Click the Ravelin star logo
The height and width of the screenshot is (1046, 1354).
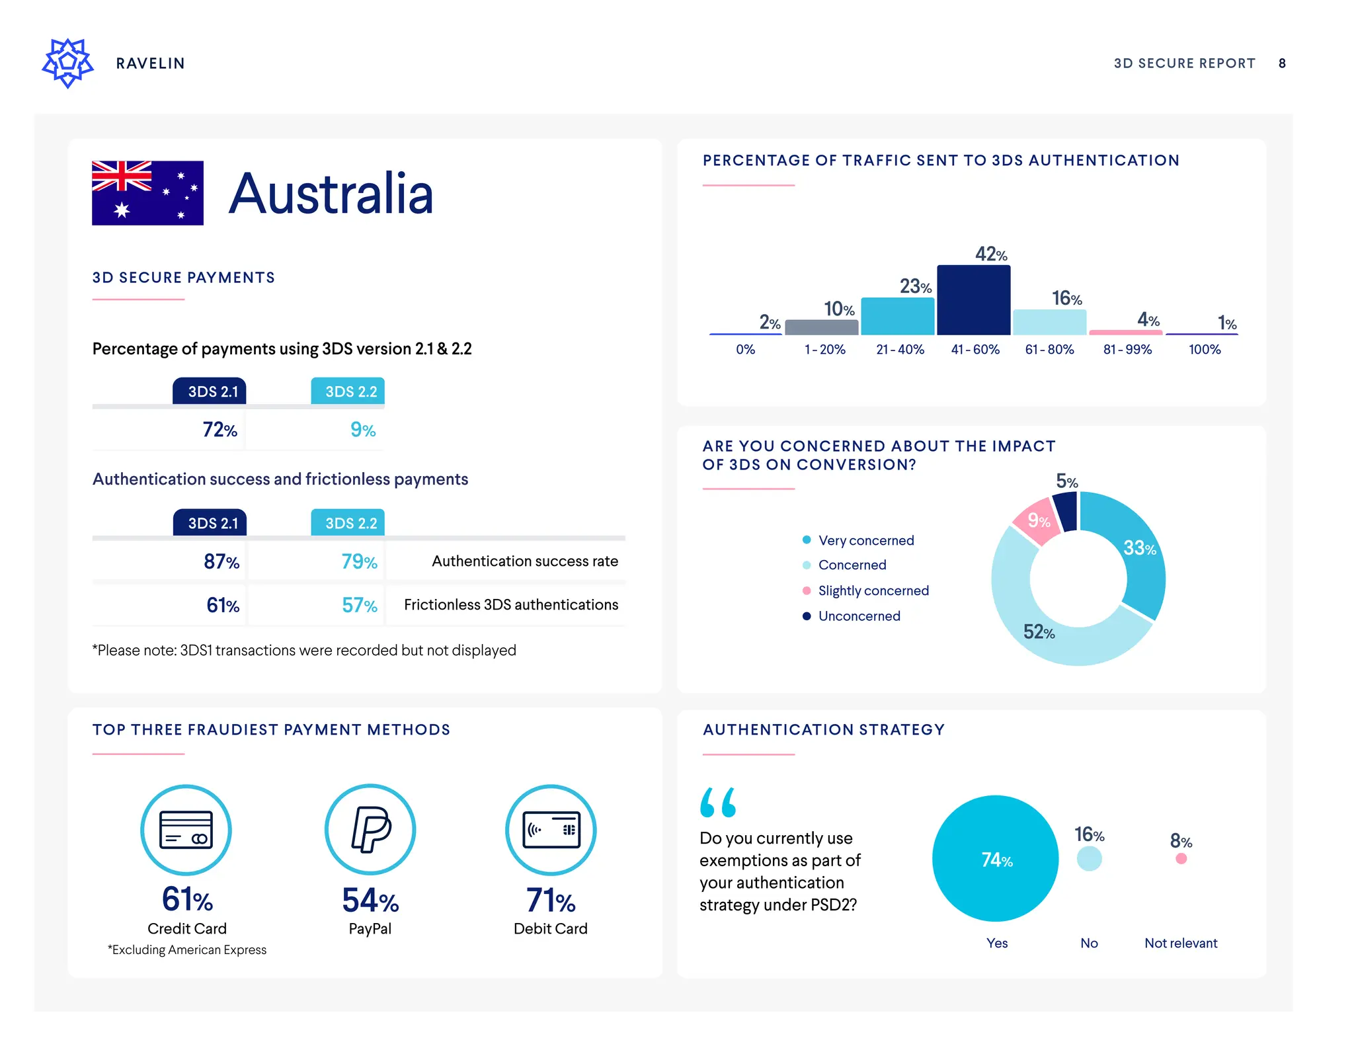click(67, 63)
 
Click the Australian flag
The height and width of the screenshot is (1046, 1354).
click(147, 193)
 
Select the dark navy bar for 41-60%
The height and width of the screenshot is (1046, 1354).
click(973, 300)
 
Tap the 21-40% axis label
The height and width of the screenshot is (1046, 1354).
click(900, 350)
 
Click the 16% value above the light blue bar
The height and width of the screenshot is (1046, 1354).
click(1066, 299)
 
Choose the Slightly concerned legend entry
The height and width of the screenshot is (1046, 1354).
click(873, 590)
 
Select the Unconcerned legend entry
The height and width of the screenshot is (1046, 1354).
click(859, 616)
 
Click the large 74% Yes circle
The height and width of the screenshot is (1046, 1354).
click(996, 859)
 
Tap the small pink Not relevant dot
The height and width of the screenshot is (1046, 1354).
click(1181, 859)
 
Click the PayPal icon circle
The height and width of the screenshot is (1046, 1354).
click(370, 829)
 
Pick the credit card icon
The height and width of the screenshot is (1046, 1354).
click(186, 830)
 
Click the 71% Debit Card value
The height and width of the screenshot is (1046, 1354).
click(551, 900)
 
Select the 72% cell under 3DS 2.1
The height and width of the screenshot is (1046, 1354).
click(219, 430)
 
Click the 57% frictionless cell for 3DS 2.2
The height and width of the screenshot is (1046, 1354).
click(359, 605)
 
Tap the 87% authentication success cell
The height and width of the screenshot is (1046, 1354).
click(221, 561)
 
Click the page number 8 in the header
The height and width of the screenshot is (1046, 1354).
click(1282, 63)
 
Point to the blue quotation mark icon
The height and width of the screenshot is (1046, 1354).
click(717, 802)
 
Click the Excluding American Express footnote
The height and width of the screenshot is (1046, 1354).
click(187, 950)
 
